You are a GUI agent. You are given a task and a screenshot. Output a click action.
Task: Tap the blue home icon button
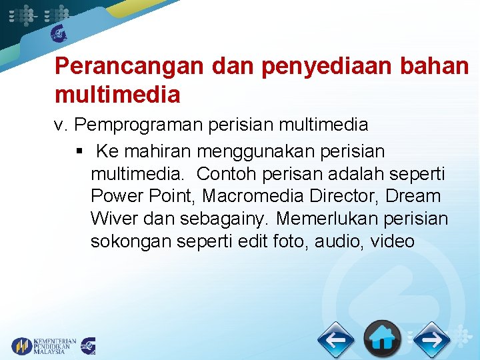tap(381, 339)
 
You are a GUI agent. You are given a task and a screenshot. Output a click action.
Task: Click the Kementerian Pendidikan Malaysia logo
tap(44, 345)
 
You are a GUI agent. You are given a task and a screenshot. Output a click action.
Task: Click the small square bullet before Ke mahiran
tap(80, 151)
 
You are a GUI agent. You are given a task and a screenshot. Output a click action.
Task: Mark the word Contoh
tap(227, 174)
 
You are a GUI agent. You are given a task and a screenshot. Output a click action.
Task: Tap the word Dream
tap(413, 197)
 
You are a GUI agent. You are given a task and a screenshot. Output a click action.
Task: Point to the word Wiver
tap(112, 219)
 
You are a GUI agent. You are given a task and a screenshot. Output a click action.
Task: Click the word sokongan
tap(131, 241)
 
